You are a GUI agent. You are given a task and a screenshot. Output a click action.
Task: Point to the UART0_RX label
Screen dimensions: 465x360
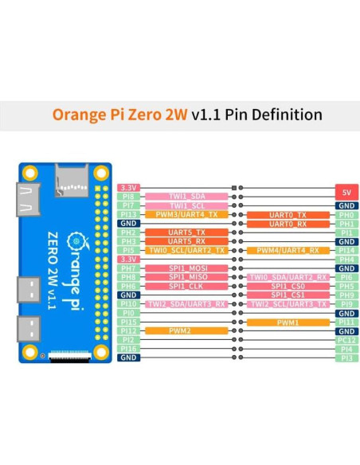click(x=288, y=224)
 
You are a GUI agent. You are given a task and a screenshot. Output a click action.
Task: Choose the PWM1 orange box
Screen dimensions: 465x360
click(x=288, y=322)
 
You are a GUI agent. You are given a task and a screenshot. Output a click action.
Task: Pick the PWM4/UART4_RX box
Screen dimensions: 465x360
click(x=288, y=250)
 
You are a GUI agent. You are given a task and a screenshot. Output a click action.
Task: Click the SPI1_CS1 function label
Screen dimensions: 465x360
click(x=288, y=295)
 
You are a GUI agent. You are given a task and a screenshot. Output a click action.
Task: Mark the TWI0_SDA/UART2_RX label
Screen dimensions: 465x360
click(x=288, y=277)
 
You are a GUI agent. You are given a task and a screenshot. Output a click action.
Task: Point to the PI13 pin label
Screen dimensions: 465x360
click(x=128, y=214)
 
